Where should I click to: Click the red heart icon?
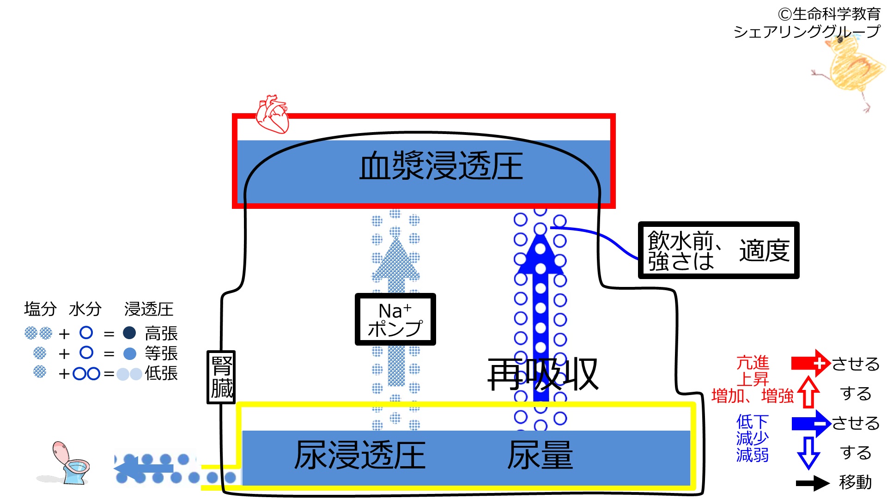[x=273, y=114]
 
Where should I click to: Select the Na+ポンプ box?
[x=395, y=319]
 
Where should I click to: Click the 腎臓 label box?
[x=221, y=377]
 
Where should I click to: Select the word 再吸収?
[x=543, y=374]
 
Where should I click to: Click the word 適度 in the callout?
[x=764, y=251]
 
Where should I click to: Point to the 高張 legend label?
[x=161, y=333]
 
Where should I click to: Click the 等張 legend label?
[x=161, y=353]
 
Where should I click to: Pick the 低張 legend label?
[x=161, y=373]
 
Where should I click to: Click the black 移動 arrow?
[x=813, y=483]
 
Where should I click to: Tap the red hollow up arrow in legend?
[x=808, y=392]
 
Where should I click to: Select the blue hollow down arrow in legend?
[x=808, y=452]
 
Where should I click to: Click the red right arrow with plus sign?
[x=811, y=363]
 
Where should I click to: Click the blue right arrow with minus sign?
[x=811, y=423]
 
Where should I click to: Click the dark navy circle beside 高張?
[x=129, y=333]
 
